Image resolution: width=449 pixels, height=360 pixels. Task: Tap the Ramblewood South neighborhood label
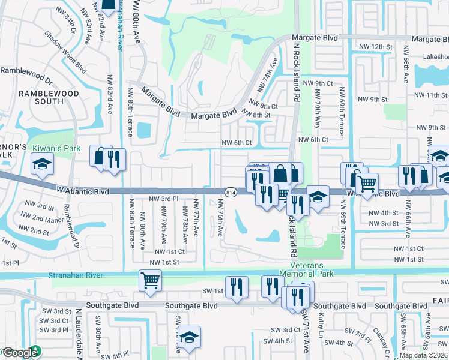[49, 97]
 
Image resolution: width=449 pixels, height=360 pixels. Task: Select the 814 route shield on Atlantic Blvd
[231, 192]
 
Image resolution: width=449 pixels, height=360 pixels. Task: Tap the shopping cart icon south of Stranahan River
[150, 279]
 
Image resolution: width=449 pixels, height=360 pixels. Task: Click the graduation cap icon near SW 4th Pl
[190, 337]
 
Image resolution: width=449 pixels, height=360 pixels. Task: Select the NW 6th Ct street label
[235, 143]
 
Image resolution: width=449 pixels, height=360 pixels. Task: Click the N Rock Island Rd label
[295, 66]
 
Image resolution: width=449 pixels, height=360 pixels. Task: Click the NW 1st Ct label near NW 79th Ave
[169, 252]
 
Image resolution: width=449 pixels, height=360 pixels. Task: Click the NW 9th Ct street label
[319, 83]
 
